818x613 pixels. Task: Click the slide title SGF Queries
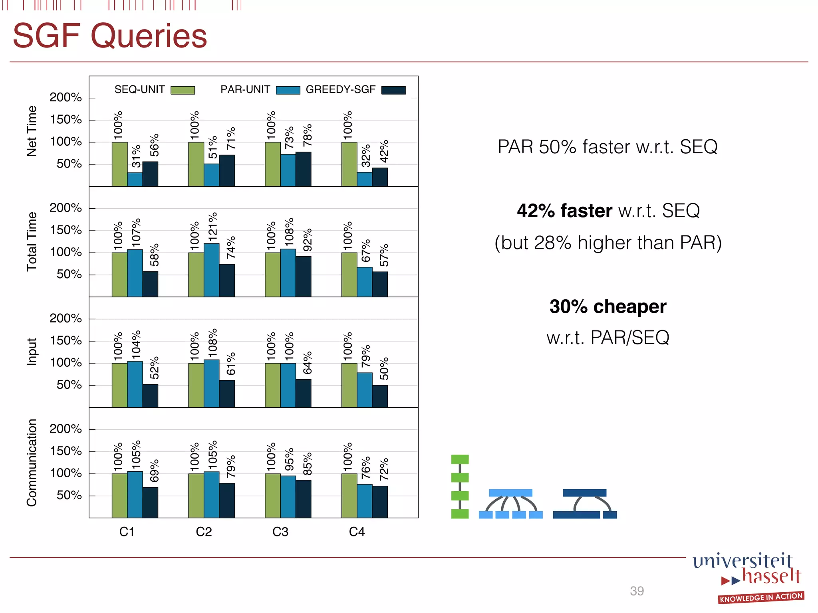110,36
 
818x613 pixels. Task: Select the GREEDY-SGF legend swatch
393,90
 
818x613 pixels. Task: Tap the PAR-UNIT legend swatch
288,90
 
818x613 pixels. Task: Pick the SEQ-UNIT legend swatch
183,90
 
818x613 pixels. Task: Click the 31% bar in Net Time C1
135,179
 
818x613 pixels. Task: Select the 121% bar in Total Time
211,270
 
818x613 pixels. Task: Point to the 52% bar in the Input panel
150,395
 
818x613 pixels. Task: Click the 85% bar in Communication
303,499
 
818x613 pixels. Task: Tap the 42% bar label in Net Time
384,151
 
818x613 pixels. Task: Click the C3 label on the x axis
280,532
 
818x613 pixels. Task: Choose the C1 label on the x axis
127,532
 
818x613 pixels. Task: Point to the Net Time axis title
32,131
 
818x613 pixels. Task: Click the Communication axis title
32,463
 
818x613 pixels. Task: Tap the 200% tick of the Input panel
66,318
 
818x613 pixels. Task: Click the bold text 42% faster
564,210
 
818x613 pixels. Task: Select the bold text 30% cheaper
608,306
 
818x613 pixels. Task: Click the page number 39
637,591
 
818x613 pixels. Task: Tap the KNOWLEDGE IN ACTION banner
761,597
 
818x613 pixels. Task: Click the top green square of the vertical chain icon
460,459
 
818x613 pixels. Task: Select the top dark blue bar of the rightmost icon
584,493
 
